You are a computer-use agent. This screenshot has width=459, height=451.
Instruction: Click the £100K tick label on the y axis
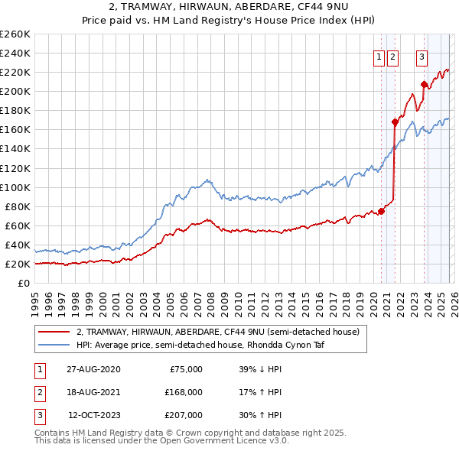[x=15, y=187]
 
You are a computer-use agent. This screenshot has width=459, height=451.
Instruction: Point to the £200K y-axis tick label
[x=15, y=91]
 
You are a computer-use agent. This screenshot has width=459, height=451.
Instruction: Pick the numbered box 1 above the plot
[x=379, y=56]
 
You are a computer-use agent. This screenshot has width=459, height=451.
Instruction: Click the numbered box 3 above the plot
[x=422, y=56]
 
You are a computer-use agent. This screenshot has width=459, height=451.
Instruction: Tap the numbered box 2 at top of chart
[x=392, y=56]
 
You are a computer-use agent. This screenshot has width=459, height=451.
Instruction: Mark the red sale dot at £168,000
[x=395, y=122]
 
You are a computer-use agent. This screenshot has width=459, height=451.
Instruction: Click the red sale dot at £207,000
[x=424, y=84]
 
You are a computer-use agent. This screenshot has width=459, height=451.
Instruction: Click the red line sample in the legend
[x=54, y=332]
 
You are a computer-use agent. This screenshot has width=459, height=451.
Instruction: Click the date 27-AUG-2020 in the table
[x=93, y=369]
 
